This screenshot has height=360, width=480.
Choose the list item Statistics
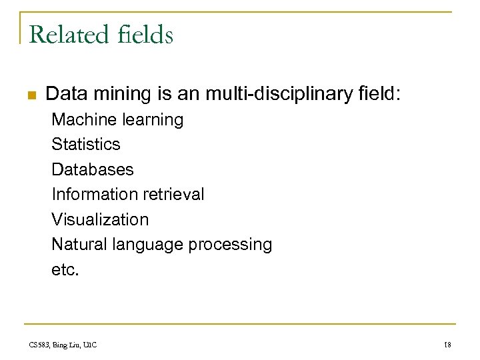pos(86,144)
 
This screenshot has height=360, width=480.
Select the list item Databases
pos(93,169)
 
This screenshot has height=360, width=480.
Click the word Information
pos(93,194)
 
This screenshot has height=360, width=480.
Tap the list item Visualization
pos(100,219)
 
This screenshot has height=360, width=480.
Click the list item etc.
pos(65,269)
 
